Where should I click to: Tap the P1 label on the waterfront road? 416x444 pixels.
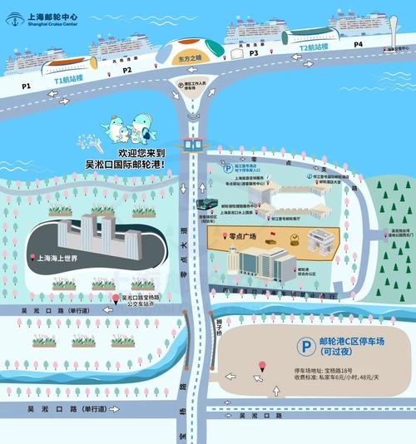tap(26, 86)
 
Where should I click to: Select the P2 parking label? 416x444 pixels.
tap(127, 71)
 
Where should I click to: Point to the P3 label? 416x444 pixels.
tap(254, 53)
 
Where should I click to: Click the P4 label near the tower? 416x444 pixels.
tap(359, 43)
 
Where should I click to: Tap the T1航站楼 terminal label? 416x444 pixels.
tap(70, 81)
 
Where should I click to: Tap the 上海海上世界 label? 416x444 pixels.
tap(57, 259)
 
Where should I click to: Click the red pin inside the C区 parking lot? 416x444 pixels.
tap(263, 365)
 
